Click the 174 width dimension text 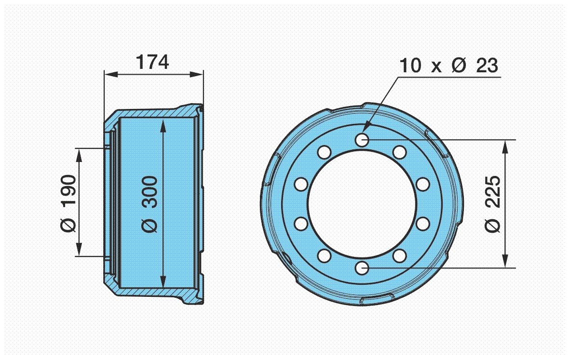pos(152,62)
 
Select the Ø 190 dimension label pos(69,202)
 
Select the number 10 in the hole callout pos(410,66)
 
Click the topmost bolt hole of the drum pos(362,140)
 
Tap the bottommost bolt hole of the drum pos(362,267)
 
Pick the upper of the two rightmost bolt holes pos(422,184)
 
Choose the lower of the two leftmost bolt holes pos(301,224)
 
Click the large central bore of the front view pos(362,203)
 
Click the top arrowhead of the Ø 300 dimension pos(164,124)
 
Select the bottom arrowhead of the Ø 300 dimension pos(164,284)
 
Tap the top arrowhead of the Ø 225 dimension pos(505,144)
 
